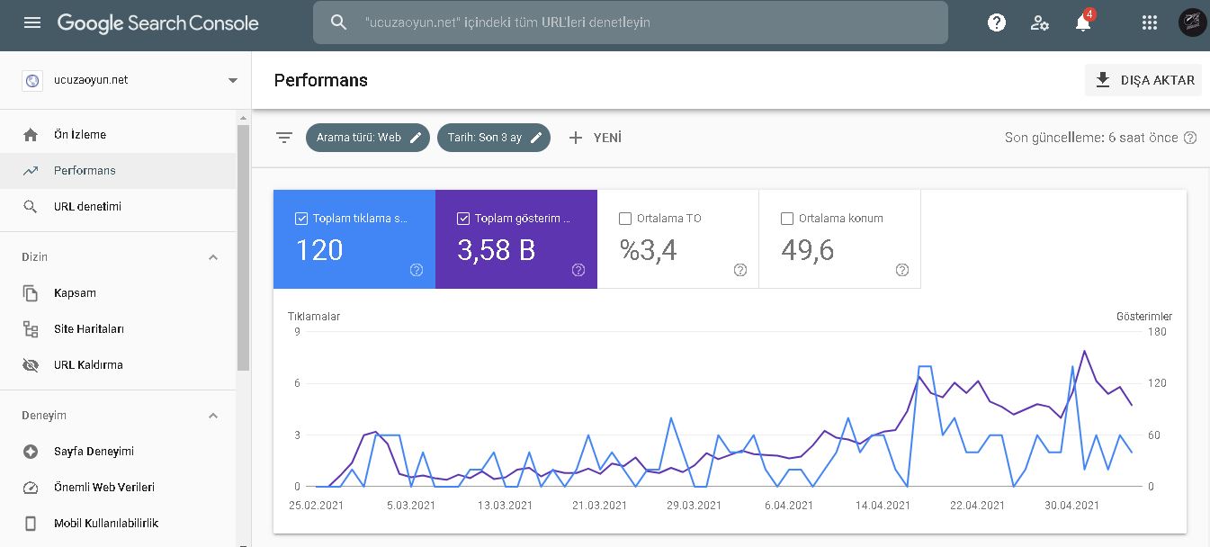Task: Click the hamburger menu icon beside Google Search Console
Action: click(x=32, y=22)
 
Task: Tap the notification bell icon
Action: click(x=1082, y=23)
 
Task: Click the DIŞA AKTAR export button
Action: click(x=1143, y=80)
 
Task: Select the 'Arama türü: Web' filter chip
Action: click(x=367, y=138)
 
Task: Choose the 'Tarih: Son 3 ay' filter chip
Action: click(x=494, y=138)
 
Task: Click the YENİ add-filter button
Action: click(x=595, y=138)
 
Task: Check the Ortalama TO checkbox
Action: click(x=625, y=218)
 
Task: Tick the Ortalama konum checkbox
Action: click(x=787, y=218)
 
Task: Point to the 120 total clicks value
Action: click(x=319, y=250)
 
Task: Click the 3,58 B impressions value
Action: click(x=496, y=250)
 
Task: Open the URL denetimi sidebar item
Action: click(x=87, y=206)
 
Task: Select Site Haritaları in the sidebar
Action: click(x=88, y=329)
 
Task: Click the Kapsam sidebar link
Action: click(x=75, y=292)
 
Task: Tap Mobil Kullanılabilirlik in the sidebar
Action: click(x=106, y=523)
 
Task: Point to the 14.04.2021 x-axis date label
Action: click(x=883, y=506)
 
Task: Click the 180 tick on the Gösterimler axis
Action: click(x=1157, y=332)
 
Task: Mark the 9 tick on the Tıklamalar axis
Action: click(x=297, y=332)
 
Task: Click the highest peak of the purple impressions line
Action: click(x=1084, y=352)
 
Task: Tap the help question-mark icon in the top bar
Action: click(x=996, y=22)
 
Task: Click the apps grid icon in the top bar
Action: click(x=1150, y=22)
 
